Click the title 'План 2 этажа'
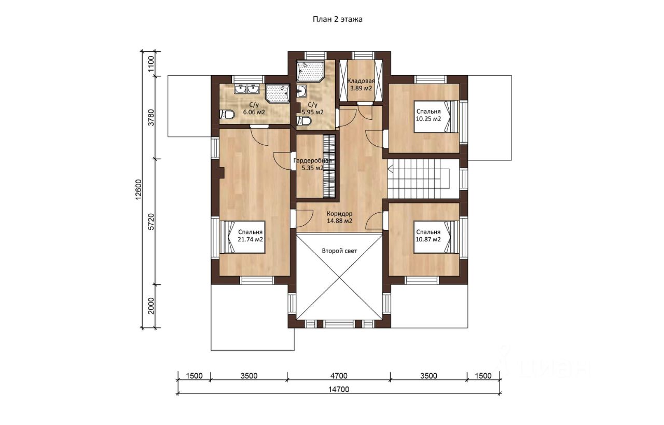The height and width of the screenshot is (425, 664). [337, 19]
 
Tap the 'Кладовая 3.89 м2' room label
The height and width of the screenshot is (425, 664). [361, 85]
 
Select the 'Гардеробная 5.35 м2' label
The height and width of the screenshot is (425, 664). [312, 164]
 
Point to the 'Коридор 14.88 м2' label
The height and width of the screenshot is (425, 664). [339, 217]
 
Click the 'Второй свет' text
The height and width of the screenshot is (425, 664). [339, 251]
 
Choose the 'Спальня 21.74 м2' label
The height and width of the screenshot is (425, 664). [250, 236]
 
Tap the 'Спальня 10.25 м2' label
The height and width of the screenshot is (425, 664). [428, 115]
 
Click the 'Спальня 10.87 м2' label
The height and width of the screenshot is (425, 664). [428, 236]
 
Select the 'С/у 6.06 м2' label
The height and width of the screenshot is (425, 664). [254, 108]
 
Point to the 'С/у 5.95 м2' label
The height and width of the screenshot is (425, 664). [312, 108]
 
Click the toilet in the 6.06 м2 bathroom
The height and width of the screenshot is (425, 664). [227, 115]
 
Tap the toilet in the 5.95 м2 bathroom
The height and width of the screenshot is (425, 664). [304, 121]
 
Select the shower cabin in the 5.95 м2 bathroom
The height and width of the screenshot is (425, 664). [310, 72]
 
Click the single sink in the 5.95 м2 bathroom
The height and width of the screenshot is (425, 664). [302, 91]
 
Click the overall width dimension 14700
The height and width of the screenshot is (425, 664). [339, 389]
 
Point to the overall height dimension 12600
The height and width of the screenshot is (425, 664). [139, 189]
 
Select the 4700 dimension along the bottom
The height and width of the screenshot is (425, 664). [339, 376]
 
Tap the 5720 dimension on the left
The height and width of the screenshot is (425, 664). [151, 222]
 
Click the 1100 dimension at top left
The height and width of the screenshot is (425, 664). [151, 64]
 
